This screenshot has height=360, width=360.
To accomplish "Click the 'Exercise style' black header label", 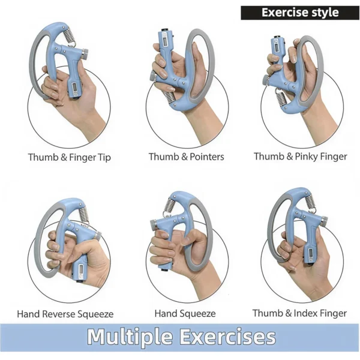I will point(300,12).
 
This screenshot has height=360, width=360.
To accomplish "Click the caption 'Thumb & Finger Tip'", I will point(70,158).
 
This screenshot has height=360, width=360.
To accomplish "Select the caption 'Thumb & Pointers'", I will point(187,157).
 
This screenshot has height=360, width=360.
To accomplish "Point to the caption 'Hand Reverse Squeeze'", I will point(65,314).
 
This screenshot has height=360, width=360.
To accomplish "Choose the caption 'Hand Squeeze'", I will point(185,313).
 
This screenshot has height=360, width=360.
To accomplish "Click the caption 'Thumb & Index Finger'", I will point(299,313).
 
